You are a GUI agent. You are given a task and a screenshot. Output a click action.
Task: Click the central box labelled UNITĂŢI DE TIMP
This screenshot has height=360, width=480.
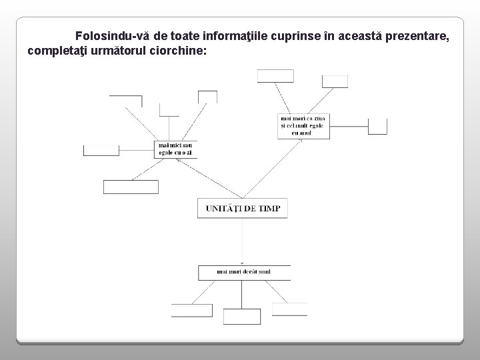coord(243,208)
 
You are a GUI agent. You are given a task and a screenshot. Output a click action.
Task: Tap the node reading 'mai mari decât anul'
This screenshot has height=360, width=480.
coord(244,272)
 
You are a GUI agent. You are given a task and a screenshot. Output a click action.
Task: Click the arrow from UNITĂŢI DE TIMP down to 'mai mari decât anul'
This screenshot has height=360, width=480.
coord(243,240)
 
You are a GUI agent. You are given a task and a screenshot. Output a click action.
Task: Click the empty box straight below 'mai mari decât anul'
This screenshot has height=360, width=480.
coord(241,316)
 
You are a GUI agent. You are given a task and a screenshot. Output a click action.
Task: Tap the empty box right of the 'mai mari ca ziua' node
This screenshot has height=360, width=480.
coord(377,125)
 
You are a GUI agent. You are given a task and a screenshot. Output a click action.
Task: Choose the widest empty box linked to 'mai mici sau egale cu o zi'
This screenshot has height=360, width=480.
coord(131,187)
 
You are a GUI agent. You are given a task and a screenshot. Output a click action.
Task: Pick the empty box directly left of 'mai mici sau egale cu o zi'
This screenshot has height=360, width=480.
coord(101,150)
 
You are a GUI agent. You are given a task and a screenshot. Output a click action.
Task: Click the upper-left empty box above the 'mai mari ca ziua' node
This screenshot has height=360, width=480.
coord(275,75)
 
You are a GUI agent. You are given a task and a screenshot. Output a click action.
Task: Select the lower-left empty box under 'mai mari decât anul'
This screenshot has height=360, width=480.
coord(192,310)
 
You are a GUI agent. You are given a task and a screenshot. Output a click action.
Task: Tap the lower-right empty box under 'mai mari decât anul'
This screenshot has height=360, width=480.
coord(290,309)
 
